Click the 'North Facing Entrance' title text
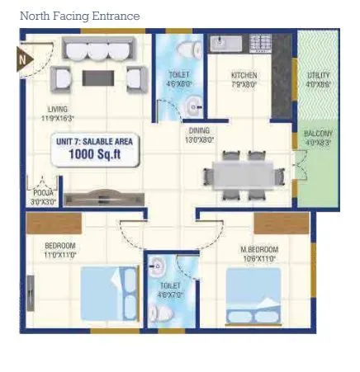[79, 16]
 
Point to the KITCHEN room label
[244, 78]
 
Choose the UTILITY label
[319, 78]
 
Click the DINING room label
[199, 134]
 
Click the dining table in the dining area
[242, 176]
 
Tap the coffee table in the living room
[103, 78]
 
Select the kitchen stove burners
[259, 43]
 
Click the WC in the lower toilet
[162, 312]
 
